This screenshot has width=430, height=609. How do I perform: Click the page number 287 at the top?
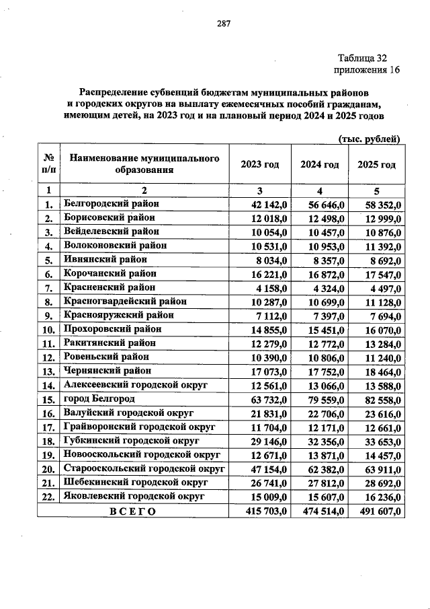223,24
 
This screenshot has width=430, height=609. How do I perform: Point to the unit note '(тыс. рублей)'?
368,139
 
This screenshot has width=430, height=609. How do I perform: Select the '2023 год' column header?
260,164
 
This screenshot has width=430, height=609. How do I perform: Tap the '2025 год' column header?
376,164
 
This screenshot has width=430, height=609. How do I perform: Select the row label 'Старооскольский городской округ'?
143,469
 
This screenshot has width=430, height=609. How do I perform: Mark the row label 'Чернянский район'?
107,371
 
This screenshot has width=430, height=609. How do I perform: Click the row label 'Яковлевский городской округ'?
134,497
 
